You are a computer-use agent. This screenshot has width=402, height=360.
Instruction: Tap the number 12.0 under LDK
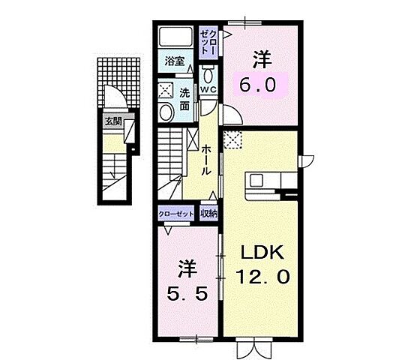click(x=262, y=276)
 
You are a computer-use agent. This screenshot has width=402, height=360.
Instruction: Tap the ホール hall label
click(x=205, y=160)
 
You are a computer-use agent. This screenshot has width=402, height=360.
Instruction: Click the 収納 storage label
click(x=208, y=214)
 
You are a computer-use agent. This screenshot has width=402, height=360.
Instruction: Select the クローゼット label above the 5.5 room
click(x=175, y=214)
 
